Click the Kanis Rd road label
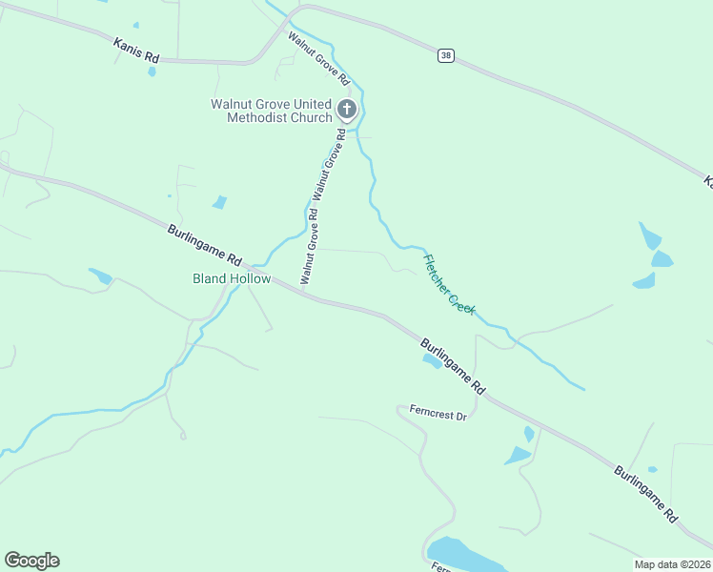(x=134, y=50)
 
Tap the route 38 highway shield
(x=445, y=56)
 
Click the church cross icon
(x=347, y=110)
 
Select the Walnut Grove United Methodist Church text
(x=271, y=111)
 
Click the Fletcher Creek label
(x=450, y=284)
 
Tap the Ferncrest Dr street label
(x=438, y=416)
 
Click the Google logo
(x=32, y=560)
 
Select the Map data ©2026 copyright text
(x=672, y=564)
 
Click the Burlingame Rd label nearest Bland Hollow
(x=206, y=245)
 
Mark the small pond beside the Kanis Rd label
(x=153, y=71)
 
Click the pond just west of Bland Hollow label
(x=101, y=276)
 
